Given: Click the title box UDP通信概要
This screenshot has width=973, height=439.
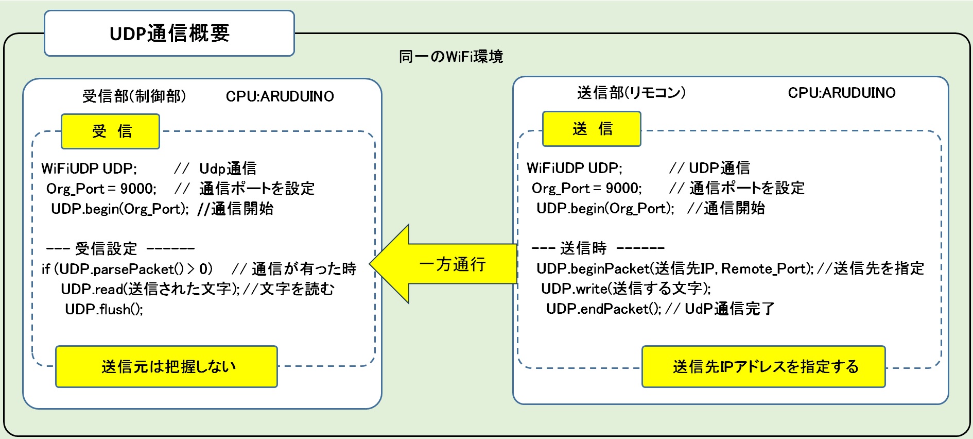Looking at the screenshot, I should (x=169, y=33).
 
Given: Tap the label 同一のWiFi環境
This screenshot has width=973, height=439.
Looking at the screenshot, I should (x=451, y=57).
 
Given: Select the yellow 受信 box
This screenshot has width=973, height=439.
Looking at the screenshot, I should (x=111, y=131).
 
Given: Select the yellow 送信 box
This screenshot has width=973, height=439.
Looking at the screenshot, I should (x=592, y=129).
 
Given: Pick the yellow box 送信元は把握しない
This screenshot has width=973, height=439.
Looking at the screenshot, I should (x=166, y=366).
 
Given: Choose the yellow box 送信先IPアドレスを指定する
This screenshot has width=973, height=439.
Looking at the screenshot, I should (x=763, y=366).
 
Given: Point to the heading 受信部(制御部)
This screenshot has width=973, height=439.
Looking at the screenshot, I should (x=134, y=96).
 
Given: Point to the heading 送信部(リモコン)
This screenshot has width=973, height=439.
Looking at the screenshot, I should (x=631, y=93).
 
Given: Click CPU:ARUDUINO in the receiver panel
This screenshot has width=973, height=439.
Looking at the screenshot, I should (x=280, y=96).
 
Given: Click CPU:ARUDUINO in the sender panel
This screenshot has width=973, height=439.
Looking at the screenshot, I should (x=841, y=93).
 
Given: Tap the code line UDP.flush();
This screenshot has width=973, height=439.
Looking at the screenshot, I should (x=104, y=309).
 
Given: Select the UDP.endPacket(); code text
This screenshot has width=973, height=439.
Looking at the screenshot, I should (x=604, y=309).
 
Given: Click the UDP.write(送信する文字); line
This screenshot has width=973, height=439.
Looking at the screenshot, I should (x=625, y=289).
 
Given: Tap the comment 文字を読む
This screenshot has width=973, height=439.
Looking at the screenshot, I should (x=297, y=289).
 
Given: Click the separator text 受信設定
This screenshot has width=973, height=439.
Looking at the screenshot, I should (x=106, y=249).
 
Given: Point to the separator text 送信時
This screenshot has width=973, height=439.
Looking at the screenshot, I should (x=583, y=248).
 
